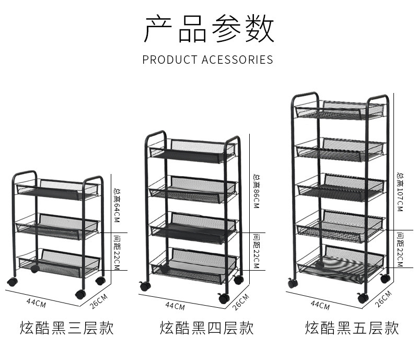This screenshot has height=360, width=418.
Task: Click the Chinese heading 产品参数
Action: pos(209,29)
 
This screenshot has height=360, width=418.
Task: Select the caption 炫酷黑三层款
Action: pos(67,328)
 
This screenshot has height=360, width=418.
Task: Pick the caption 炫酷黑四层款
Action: pos(207,328)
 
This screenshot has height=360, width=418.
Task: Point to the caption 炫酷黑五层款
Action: pos(352,328)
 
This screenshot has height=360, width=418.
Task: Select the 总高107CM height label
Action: pos(400,191)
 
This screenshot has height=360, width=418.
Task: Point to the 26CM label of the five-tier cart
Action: pos(384,297)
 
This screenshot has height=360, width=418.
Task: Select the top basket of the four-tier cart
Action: pos(192,149)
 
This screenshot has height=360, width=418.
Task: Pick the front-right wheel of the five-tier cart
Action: pos(363,298)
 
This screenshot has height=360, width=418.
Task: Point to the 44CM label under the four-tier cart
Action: pos(175,306)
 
